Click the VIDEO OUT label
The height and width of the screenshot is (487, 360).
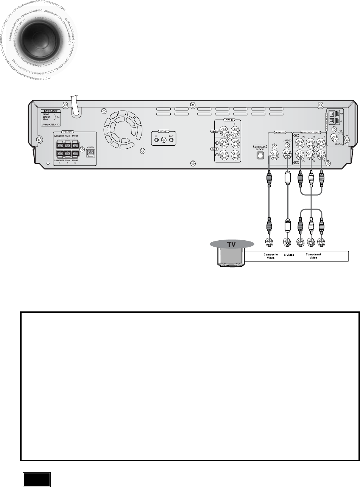pyautogui.click(x=275, y=133)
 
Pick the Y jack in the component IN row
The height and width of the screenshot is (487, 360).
pyautogui.click(x=322, y=143)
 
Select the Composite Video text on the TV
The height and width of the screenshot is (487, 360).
pyautogui.click(x=271, y=256)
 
